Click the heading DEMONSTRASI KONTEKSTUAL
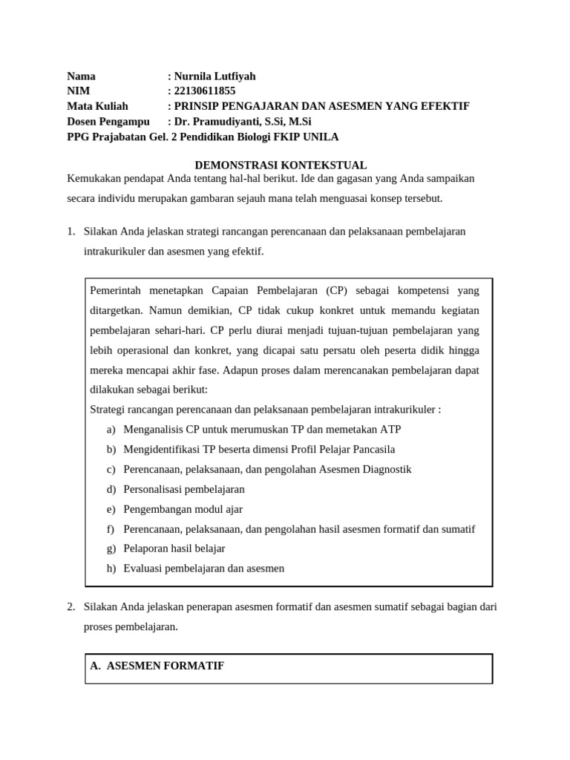pos(281,165)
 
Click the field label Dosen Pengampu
pos(108,122)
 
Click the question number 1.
pos(71,232)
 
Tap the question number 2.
pos(71,607)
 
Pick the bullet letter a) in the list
pos(111,430)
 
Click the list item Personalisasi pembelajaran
pos(184,489)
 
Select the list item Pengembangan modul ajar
pos(183,509)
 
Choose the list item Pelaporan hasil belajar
pos(174,548)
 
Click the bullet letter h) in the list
pos(111,569)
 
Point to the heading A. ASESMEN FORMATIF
pos(157,666)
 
